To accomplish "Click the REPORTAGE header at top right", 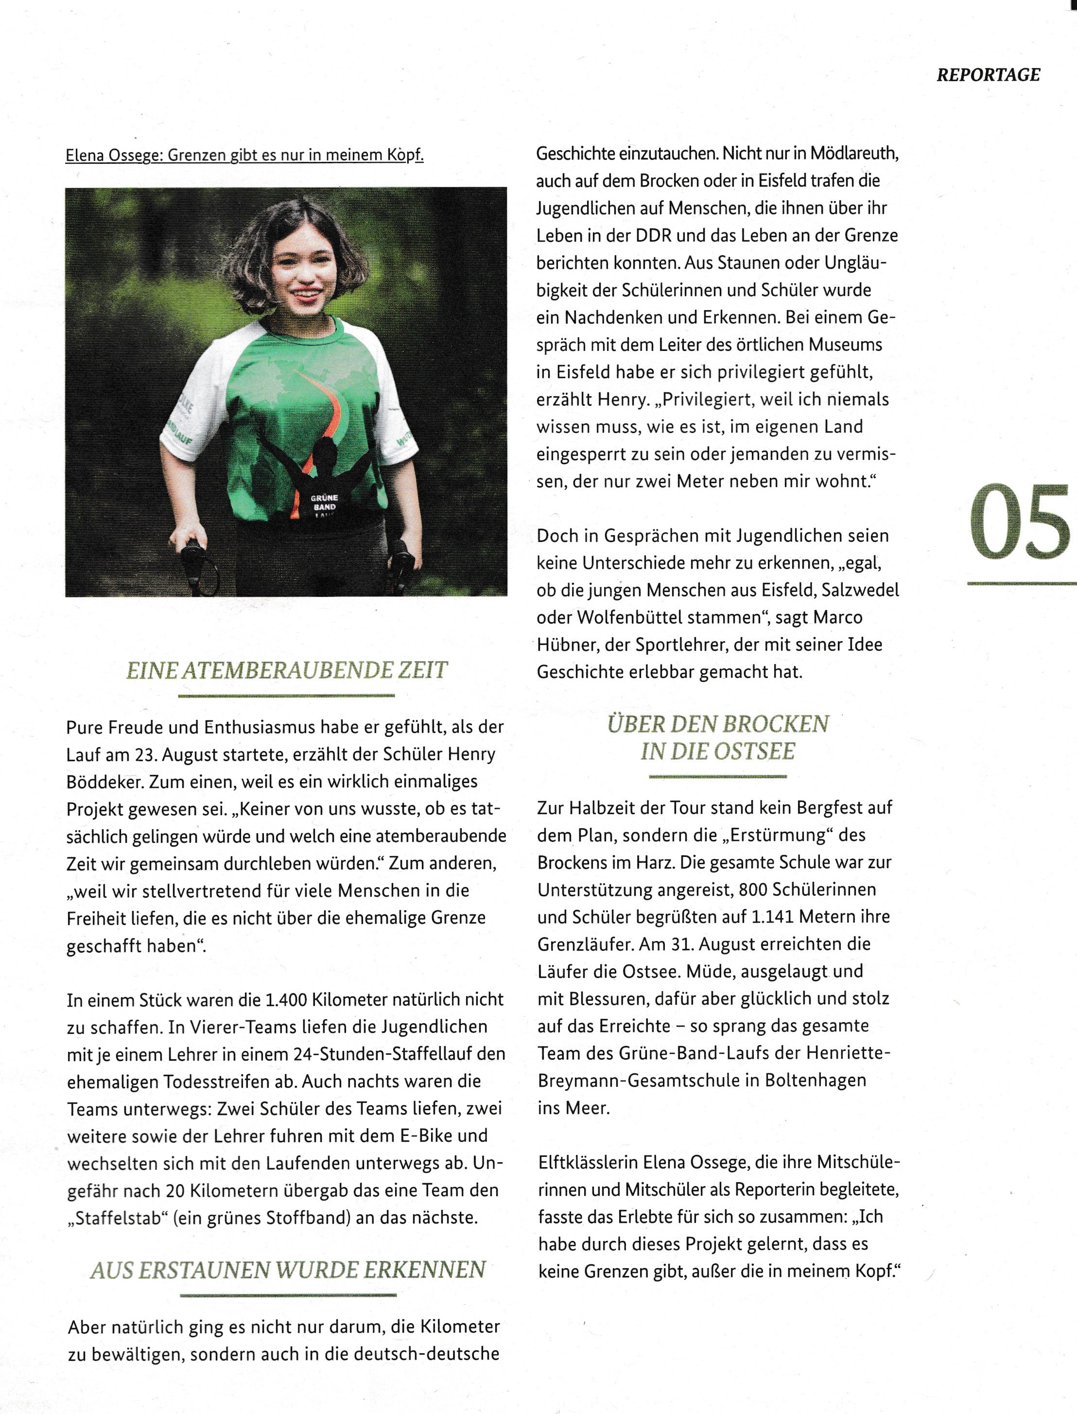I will (x=988, y=75).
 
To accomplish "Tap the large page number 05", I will (x=1019, y=521).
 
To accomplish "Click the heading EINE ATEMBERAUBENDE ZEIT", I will (x=287, y=670).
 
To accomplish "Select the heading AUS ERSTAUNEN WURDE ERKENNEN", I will (x=288, y=1270).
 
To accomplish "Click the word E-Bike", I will (x=428, y=1136).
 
